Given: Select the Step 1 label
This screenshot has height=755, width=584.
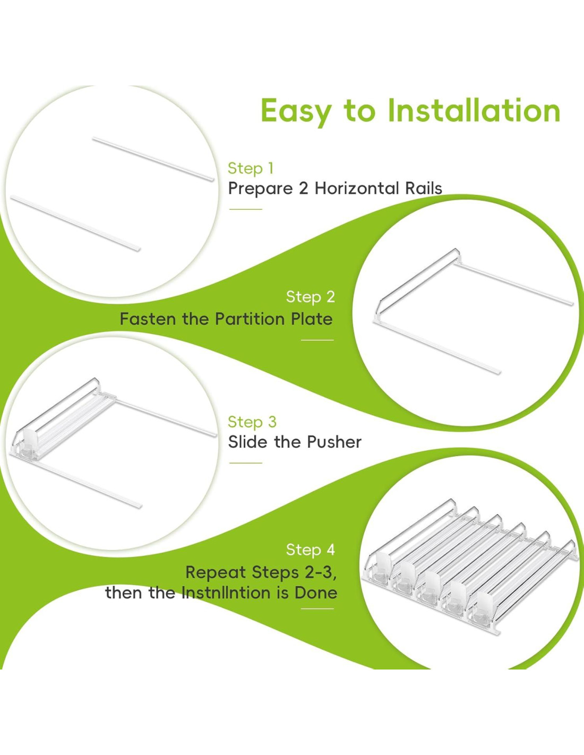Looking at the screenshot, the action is click(x=251, y=168).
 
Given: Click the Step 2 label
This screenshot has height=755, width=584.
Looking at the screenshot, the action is click(x=311, y=297).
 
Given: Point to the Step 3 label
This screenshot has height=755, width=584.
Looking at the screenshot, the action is click(x=252, y=422).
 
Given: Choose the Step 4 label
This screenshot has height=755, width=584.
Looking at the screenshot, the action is click(x=311, y=550).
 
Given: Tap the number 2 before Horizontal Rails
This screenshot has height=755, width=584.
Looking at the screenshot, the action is click(x=304, y=189).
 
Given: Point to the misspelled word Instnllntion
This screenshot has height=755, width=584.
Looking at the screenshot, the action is click(x=226, y=593).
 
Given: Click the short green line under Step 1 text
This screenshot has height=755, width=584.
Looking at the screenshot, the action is click(x=246, y=209).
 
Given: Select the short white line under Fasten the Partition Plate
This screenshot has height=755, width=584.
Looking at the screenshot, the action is click(x=317, y=340).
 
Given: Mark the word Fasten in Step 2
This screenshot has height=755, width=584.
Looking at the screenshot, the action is click(x=148, y=319).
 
